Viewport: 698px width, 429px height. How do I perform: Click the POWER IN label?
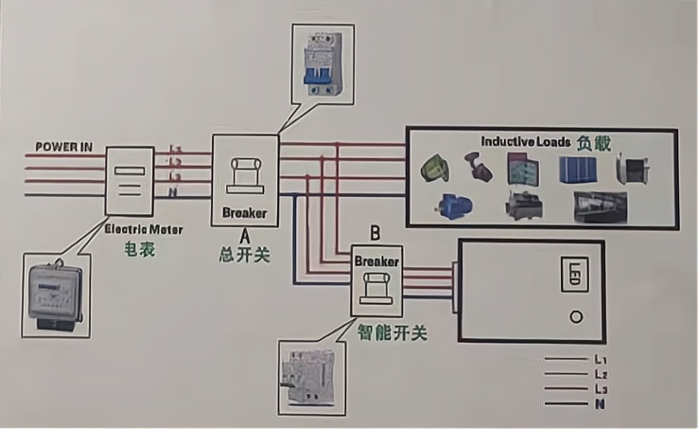tap(64, 147)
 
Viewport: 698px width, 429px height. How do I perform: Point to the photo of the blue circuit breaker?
tap(321, 63)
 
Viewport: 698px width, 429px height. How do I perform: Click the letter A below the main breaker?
tap(244, 234)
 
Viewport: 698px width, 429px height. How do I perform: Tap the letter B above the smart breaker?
tap(375, 232)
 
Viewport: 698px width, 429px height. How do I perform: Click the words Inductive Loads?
tap(525, 142)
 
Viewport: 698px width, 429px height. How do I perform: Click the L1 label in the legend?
tap(600, 360)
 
